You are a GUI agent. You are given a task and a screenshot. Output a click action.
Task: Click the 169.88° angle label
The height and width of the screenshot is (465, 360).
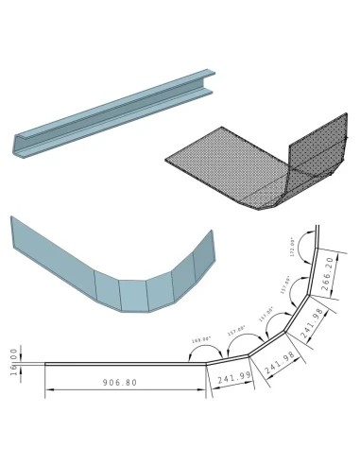199,337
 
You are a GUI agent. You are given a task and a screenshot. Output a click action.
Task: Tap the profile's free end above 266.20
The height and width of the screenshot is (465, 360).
317,227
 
